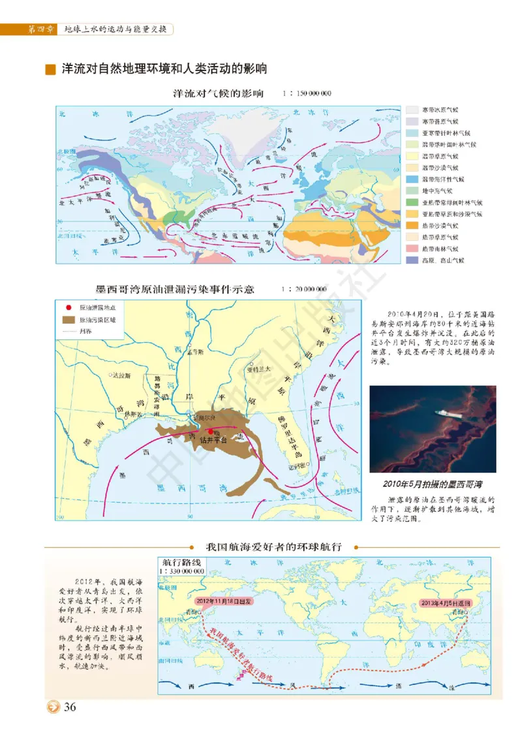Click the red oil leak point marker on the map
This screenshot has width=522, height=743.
pos(210,432)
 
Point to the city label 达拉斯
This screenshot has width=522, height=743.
pos(121,375)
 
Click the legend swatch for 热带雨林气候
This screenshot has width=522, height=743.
pos(412,249)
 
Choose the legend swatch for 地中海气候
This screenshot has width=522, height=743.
pos(412,191)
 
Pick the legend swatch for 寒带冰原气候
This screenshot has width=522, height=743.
pos(412,110)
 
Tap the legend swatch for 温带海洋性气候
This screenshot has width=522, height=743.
pos(412,179)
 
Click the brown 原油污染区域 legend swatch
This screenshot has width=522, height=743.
pos(68,320)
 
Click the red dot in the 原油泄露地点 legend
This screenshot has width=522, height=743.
pos(68,307)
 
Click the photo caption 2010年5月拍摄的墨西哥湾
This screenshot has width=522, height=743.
pos(433,484)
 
